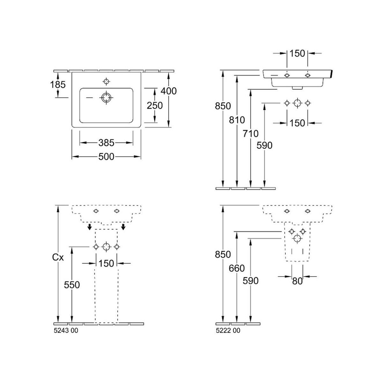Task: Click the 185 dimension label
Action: point(58,85)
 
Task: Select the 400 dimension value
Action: point(169,91)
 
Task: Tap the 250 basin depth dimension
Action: point(154,106)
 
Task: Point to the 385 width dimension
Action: point(106,143)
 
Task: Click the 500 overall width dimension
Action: point(106,157)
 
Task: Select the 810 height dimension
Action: point(237,120)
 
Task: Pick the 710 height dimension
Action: point(251,133)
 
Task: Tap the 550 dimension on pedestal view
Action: point(72,285)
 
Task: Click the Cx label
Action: point(58,258)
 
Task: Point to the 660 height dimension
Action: point(237,268)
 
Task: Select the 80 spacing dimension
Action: point(297,281)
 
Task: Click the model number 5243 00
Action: point(66,331)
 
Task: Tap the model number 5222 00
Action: point(228,331)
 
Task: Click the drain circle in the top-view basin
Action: point(106,98)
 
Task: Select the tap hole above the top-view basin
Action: point(106,81)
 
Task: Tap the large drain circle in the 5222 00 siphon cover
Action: point(297,238)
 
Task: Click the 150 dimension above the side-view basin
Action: point(297,54)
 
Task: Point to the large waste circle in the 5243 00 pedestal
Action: point(106,247)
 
